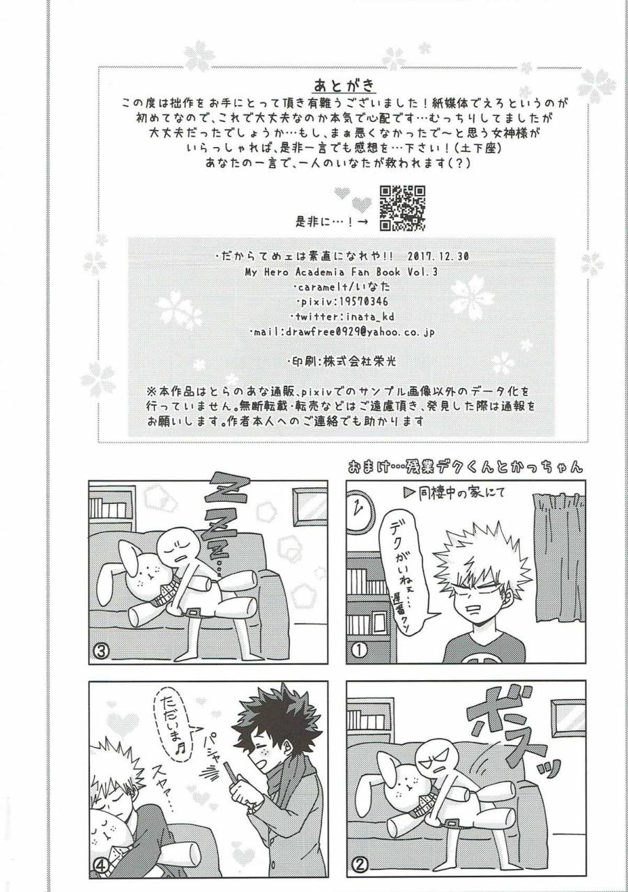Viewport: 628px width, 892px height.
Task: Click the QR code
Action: coord(401,208)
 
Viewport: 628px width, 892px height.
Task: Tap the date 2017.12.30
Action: coord(436,256)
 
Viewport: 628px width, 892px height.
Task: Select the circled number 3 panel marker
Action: coord(101,650)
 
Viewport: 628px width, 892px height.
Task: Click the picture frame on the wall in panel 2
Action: coord(567,717)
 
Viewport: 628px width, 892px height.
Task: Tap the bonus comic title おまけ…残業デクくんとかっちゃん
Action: coord(465,467)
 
